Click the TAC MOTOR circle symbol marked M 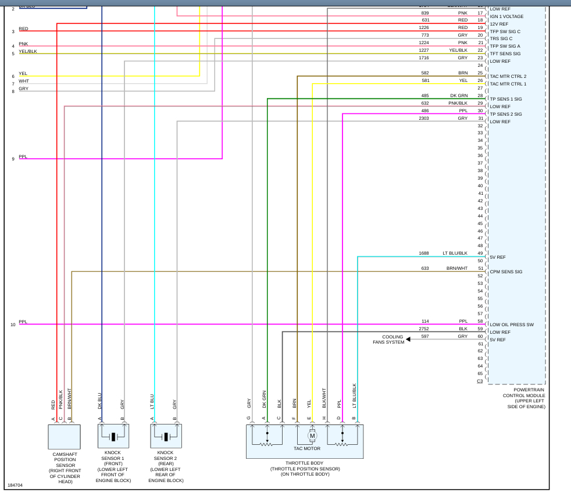tap(312, 436)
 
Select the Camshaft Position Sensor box tap(64, 436)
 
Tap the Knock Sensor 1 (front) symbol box tap(113, 436)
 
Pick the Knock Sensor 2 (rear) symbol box tap(166, 436)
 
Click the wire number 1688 tap(424, 253)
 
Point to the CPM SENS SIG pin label tap(506, 272)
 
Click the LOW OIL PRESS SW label tap(512, 324)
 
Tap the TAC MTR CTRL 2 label tap(508, 76)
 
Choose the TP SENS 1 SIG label tap(506, 99)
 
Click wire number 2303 tap(424, 118)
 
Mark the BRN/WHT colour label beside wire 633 tap(456, 268)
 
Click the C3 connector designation tap(480, 381)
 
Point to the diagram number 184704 tap(15, 484)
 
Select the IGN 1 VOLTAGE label tap(507, 16)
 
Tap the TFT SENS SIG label tap(505, 53)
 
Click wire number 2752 tap(424, 329)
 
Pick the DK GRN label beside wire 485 tap(458, 95)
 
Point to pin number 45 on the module tap(480, 223)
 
